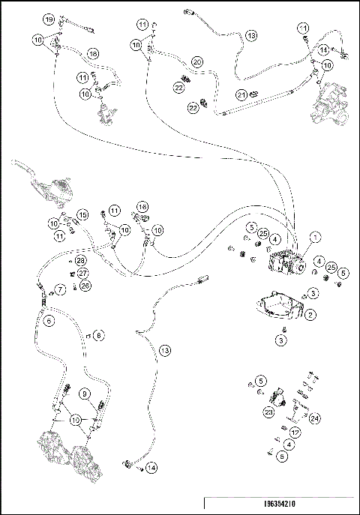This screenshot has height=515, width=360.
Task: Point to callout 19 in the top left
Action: [49, 18]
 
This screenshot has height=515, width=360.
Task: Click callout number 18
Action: [93, 54]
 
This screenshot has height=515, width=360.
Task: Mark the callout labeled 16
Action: [142, 206]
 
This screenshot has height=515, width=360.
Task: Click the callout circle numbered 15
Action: [83, 215]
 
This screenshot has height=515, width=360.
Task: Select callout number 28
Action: [80, 260]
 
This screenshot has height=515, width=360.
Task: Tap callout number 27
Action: [84, 273]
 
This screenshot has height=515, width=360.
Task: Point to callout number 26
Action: [85, 286]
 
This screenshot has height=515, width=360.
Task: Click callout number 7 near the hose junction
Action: [59, 289]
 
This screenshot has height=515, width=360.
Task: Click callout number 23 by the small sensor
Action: [268, 411]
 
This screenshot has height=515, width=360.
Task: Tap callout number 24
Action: [314, 418]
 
